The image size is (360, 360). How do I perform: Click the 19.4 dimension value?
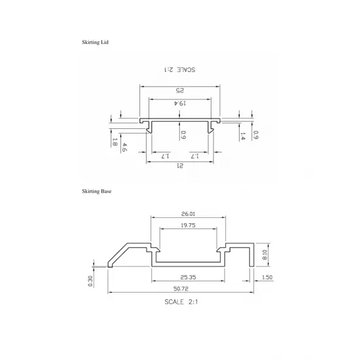tap(180, 103)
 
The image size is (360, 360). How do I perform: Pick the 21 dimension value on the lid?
tap(180, 167)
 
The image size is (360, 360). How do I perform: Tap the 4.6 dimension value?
tap(124, 147)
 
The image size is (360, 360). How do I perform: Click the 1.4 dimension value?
tap(243, 137)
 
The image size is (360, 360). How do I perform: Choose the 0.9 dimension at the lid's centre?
tap(183, 135)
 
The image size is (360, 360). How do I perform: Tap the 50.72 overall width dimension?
tap(181, 289)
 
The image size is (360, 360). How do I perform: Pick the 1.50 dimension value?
tap(267, 278)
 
